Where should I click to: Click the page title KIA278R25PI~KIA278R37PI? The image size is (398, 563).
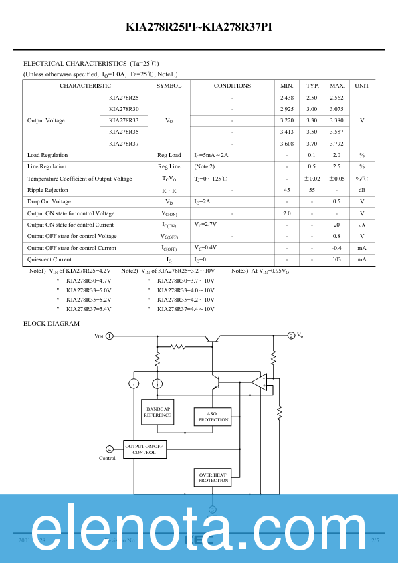click(x=199, y=27)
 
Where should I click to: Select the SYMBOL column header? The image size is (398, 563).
click(x=169, y=86)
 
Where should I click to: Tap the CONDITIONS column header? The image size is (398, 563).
click(x=232, y=86)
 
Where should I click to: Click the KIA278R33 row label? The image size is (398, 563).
click(x=124, y=120)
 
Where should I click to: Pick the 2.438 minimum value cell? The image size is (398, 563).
click(x=287, y=98)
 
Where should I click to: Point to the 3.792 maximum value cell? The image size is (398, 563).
click(x=337, y=144)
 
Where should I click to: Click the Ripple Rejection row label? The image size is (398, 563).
click(x=48, y=191)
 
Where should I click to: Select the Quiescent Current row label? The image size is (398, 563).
click(x=49, y=259)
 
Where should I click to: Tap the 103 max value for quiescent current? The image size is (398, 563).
click(x=337, y=259)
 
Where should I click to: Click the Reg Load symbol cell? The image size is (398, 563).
click(x=169, y=155)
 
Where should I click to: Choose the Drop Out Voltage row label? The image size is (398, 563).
click(x=49, y=202)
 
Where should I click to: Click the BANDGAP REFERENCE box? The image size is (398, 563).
click(x=158, y=412)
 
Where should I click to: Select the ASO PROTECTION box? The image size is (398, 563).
click(x=213, y=417)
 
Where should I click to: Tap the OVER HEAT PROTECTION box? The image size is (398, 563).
click(x=213, y=477)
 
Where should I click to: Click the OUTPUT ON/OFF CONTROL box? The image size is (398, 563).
click(x=144, y=449)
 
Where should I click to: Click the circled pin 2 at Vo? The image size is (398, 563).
click(x=291, y=335)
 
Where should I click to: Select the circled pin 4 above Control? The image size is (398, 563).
click(x=110, y=449)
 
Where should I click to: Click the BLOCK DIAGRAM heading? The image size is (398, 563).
click(x=52, y=324)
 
